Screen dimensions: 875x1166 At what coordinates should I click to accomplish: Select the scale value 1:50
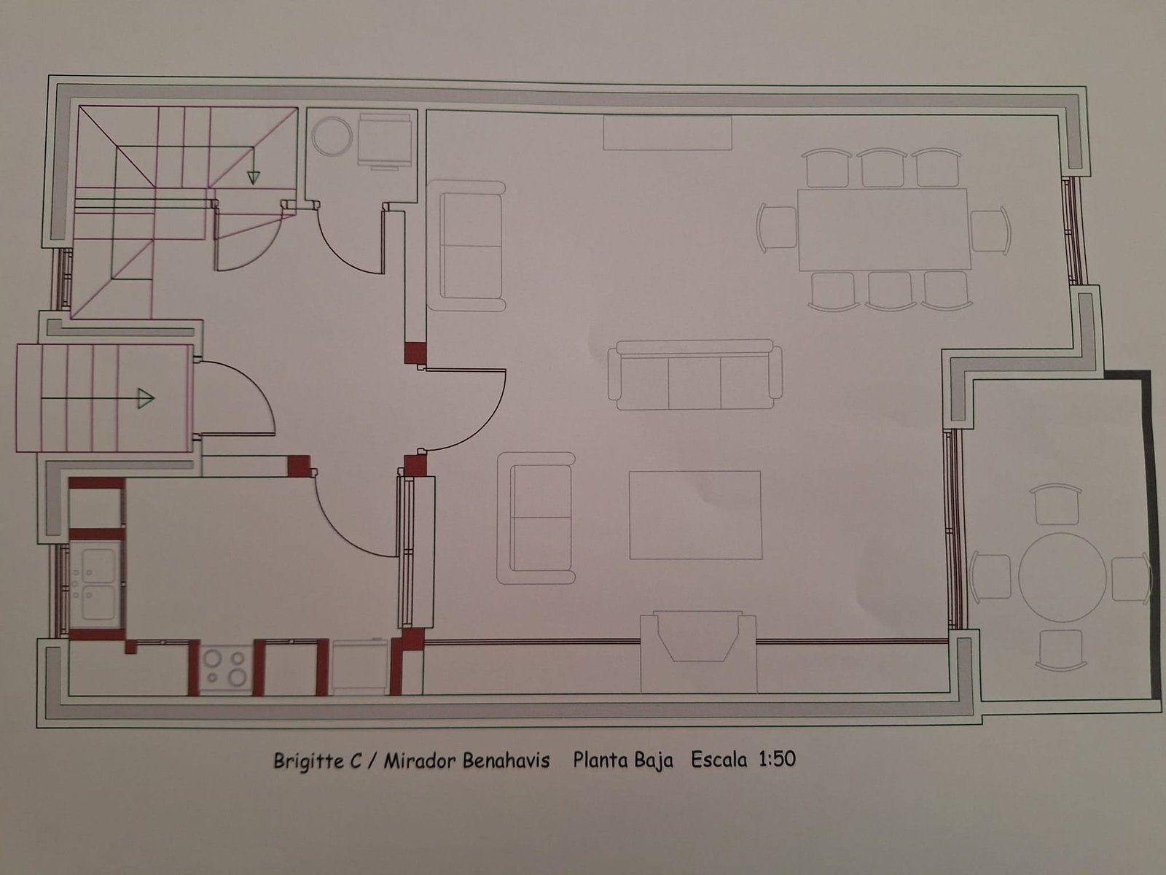point(777,759)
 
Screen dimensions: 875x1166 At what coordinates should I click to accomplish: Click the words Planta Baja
point(623,760)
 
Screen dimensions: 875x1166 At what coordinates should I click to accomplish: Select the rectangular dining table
point(883,230)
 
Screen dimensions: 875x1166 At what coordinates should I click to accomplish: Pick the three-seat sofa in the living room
point(694,375)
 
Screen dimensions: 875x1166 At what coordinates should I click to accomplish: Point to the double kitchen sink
point(98,583)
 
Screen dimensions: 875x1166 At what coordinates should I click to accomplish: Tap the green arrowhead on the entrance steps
point(146,397)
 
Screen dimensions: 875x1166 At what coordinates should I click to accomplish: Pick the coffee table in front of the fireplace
point(694,515)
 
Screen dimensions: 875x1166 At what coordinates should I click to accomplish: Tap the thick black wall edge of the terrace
point(1154,532)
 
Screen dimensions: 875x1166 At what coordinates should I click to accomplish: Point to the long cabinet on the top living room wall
point(668,133)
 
